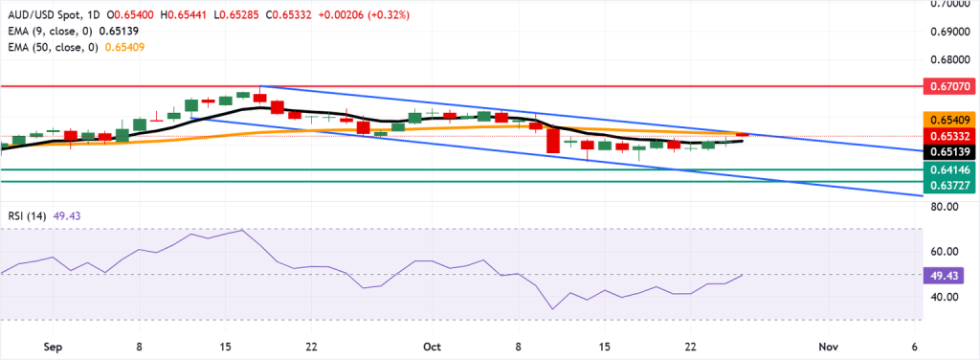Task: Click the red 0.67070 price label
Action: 950,86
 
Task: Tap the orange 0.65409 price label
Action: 950,120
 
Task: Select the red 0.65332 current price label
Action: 950,135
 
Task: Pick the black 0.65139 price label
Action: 950,151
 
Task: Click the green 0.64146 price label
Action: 950,169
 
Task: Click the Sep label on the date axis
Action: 52,345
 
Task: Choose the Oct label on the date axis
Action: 432,345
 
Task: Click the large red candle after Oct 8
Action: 553,141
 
